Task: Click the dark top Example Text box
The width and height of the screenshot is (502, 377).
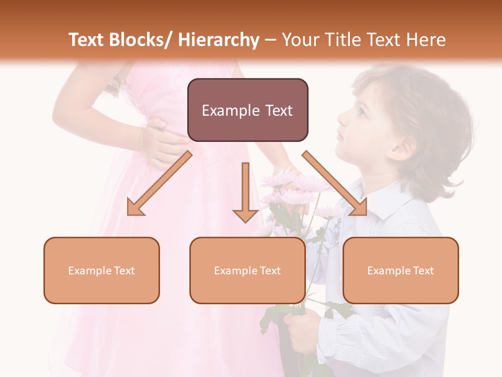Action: coord(247,110)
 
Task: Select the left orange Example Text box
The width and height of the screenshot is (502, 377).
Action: coord(101,270)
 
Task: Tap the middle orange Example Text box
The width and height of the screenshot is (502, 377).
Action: coord(247,270)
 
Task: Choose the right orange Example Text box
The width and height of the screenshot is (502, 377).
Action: coord(401,270)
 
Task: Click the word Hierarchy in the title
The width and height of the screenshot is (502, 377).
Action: coord(219,40)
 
